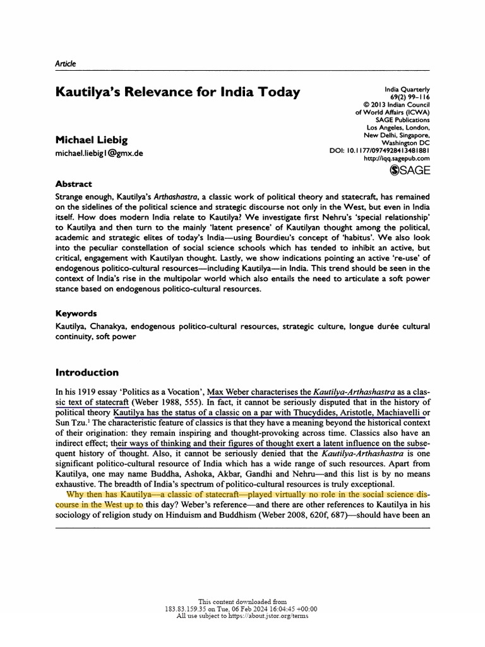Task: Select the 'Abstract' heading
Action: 74,184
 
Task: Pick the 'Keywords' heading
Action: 76,313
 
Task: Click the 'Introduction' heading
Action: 87,372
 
